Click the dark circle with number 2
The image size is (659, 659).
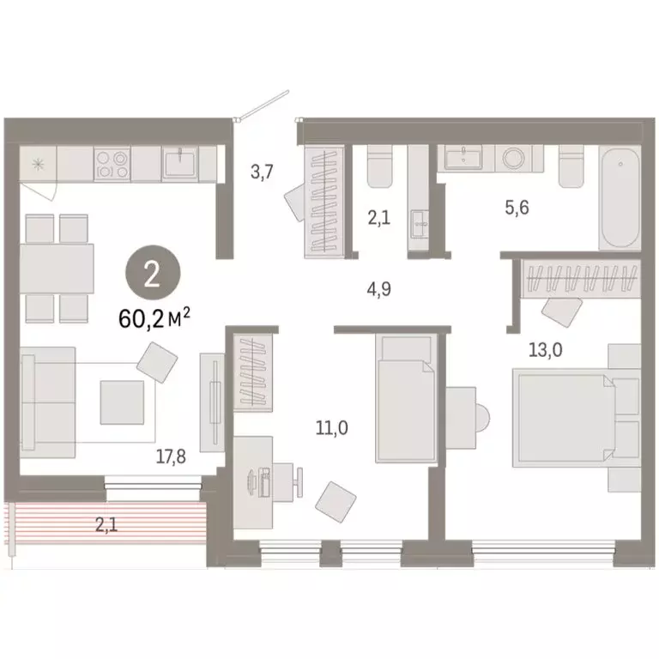[x=152, y=275]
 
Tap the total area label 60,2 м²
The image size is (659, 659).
[x=154, y=319]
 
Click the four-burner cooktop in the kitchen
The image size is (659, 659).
[x=112, y=164]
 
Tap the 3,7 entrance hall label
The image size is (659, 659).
[x=261, y=172]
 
